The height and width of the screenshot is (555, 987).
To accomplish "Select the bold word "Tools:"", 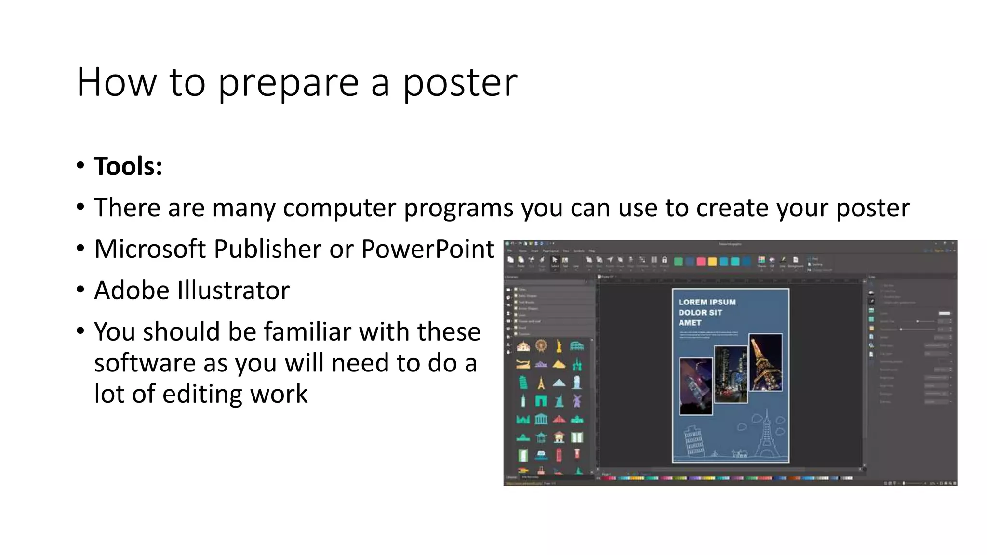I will (128, 167).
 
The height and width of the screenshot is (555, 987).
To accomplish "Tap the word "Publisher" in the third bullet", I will (267, 249).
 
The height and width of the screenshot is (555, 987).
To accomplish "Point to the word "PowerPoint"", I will (427, 249).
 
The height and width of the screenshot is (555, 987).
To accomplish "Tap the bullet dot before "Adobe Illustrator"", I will (80, 290).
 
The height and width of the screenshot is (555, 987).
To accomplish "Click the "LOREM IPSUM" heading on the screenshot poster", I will (707, 303).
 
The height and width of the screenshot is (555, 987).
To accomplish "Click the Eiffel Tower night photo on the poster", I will (765, 362).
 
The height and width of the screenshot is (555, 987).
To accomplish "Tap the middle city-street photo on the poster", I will (731, 374).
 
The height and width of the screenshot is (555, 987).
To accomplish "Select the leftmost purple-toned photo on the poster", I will (695, 386).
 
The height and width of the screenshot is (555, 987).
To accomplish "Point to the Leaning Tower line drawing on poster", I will (693, 440).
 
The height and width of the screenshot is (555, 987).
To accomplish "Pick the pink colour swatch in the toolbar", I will (701, 262).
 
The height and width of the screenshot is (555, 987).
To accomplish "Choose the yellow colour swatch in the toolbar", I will (712, 262).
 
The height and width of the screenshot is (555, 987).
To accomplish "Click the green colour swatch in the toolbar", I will (678, 262).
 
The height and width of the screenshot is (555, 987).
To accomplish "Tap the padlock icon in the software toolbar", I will (664, 260).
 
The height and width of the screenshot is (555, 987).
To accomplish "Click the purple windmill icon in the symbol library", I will (577, 400).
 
